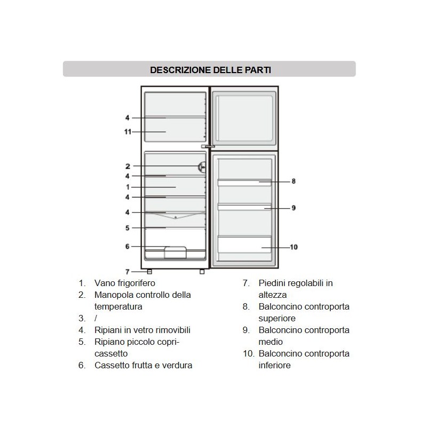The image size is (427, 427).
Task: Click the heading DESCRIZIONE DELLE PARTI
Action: pos(209,69)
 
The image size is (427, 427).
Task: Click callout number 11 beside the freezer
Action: pos(128,131)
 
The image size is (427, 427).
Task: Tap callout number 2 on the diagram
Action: pos(128,166)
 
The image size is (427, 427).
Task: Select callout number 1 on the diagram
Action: pos(128,187)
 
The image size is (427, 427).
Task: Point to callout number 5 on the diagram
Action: pos(128,228)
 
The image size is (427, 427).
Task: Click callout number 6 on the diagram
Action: pos(128,247)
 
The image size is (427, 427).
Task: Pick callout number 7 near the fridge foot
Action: pos(128,272)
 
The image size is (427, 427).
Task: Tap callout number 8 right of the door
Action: pos(294,181)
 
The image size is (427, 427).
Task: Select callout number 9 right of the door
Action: pos(294,208)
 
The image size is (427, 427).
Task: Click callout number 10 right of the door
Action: pos(294,247)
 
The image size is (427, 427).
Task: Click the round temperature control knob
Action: pos(202,167)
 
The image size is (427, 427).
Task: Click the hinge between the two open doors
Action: pos(208,146)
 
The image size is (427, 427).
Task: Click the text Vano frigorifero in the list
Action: pos(124,283)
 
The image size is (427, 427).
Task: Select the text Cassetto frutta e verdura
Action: pos(143,365)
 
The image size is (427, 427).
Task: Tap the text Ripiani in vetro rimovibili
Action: pos(142,330)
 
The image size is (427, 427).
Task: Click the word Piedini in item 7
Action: pos(273,283)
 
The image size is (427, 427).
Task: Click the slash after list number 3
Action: pos(96,318)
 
